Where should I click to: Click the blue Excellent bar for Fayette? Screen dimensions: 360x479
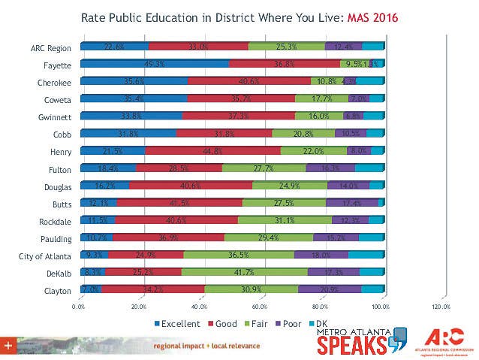(154, 65)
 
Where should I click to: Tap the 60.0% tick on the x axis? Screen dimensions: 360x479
(260, 307)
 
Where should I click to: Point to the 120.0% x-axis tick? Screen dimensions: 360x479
(441, 307)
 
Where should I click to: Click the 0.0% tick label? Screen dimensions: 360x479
(79, 307)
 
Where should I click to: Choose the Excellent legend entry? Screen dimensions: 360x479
(177, 324)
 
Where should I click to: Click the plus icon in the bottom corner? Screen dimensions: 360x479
(8, 345)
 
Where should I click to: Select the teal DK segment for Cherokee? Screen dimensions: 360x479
(370, 82)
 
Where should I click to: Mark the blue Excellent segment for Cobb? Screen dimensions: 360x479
(128, 133)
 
